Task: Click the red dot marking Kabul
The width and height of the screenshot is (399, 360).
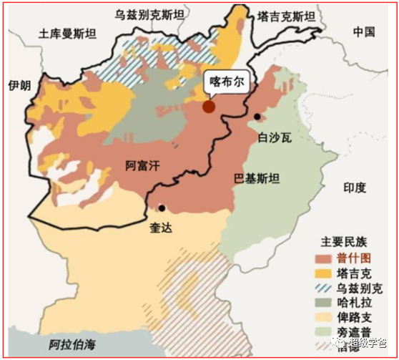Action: (209, 107)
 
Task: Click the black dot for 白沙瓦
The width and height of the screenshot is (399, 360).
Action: (257, 116)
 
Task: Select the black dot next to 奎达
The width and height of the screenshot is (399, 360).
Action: (162, 208)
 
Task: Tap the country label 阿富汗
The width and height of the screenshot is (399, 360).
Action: (141, 166)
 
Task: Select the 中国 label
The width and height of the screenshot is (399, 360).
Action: (364, 31)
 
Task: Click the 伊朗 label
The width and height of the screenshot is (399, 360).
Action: (19, 86)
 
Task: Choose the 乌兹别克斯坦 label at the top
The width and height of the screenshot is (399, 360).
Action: (150, 14)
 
